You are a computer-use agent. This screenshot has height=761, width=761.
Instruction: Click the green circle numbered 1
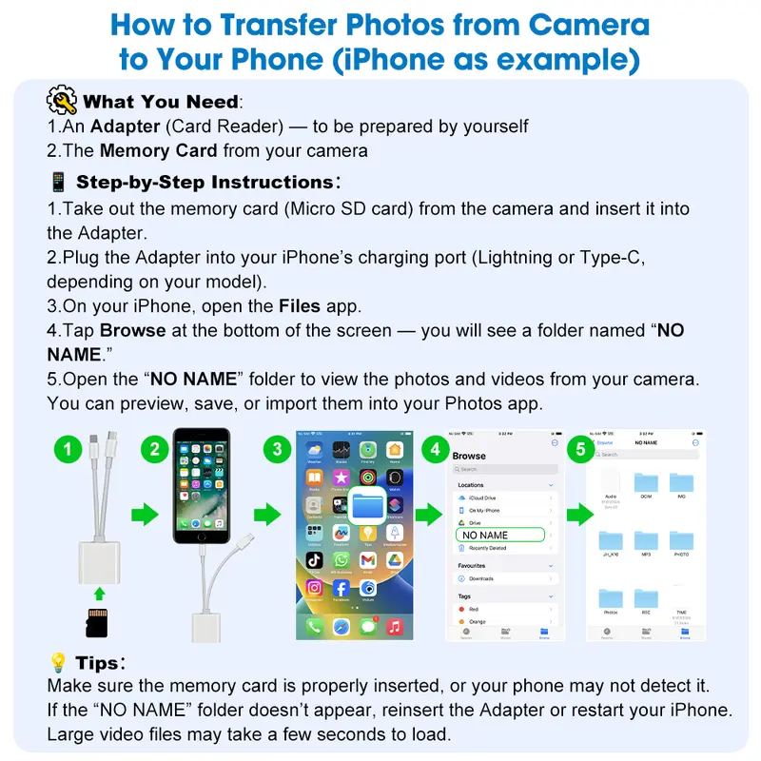[68, 450]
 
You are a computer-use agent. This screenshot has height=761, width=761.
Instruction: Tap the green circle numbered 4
[436, 450]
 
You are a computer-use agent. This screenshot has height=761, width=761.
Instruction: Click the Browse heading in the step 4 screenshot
[469, 456]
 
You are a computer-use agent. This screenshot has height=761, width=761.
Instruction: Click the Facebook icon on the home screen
[341, 589]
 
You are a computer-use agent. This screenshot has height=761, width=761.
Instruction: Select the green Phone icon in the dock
[314, 626]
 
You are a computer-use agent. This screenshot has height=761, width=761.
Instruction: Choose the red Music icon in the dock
[395, 626]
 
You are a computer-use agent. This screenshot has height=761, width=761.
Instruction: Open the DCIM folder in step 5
[646, 481]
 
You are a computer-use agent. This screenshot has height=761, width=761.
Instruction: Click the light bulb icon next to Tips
[58, 662]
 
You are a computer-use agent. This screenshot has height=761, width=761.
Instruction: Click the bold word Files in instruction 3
[299, 306]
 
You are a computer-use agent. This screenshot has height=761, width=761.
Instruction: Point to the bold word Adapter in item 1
[120, 127]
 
